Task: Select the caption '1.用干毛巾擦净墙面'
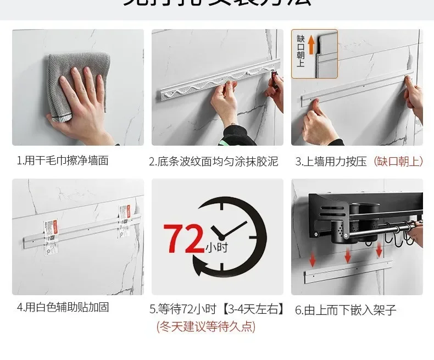(63, 160)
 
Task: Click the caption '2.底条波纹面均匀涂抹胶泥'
(214, 161)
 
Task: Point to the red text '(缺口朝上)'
(398, 161)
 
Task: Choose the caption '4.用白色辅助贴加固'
(63, 307)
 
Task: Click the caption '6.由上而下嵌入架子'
(346, 310)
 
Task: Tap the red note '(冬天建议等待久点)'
(206, 326)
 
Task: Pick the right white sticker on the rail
(125, 223)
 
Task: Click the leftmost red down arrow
(313, 258)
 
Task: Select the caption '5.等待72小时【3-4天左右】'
(218, 309)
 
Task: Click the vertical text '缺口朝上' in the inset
(301, 50)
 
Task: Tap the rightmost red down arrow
(379, 251)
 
